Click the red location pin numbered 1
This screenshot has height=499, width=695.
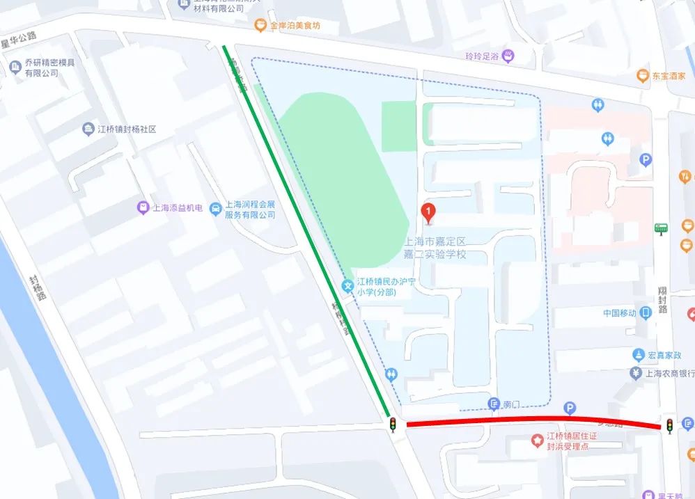430,212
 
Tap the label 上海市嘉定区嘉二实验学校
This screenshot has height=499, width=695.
435,248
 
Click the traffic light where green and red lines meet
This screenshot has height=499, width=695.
393,424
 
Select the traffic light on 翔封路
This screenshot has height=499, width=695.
669,425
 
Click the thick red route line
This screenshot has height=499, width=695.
529,420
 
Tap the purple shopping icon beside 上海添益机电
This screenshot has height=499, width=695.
143,207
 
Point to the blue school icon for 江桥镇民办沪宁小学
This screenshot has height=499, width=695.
347,285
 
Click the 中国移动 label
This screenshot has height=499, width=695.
620,313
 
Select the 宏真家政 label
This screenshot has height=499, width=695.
662,355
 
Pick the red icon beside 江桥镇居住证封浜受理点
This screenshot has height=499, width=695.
537,441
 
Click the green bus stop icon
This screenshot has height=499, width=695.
660,228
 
